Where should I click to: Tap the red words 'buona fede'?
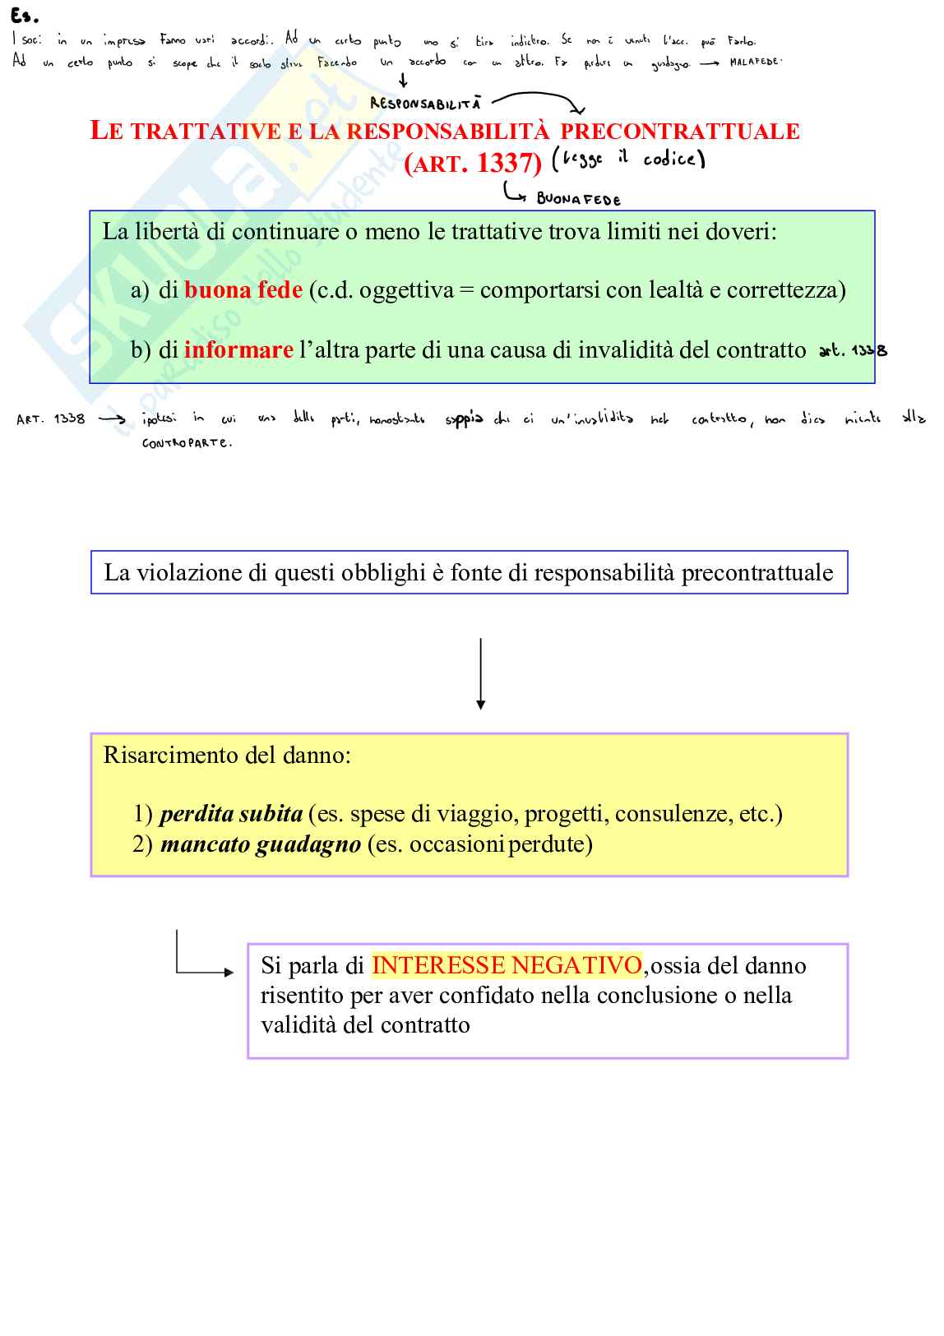click(243, 290)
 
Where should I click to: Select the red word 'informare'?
click(238, 350)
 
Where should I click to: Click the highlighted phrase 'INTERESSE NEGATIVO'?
click(507, 965)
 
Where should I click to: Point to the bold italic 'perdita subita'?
click(231, 814)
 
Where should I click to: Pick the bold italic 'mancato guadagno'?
click(261, 844)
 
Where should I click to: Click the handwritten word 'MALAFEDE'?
click(755, 62)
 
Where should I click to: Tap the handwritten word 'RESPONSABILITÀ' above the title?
click(425, 104)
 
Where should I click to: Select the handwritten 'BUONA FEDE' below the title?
click(578, 199)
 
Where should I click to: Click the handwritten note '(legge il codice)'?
click(629, 158)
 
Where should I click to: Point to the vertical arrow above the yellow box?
click(481, 673)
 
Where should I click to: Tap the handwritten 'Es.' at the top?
click(25, 16)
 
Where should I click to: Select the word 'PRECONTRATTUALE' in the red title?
click(679, 132)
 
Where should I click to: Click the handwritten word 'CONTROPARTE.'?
click(187, 442)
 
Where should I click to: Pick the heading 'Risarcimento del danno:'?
click(227, 756)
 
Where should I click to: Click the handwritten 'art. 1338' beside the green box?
click(853, 350)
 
